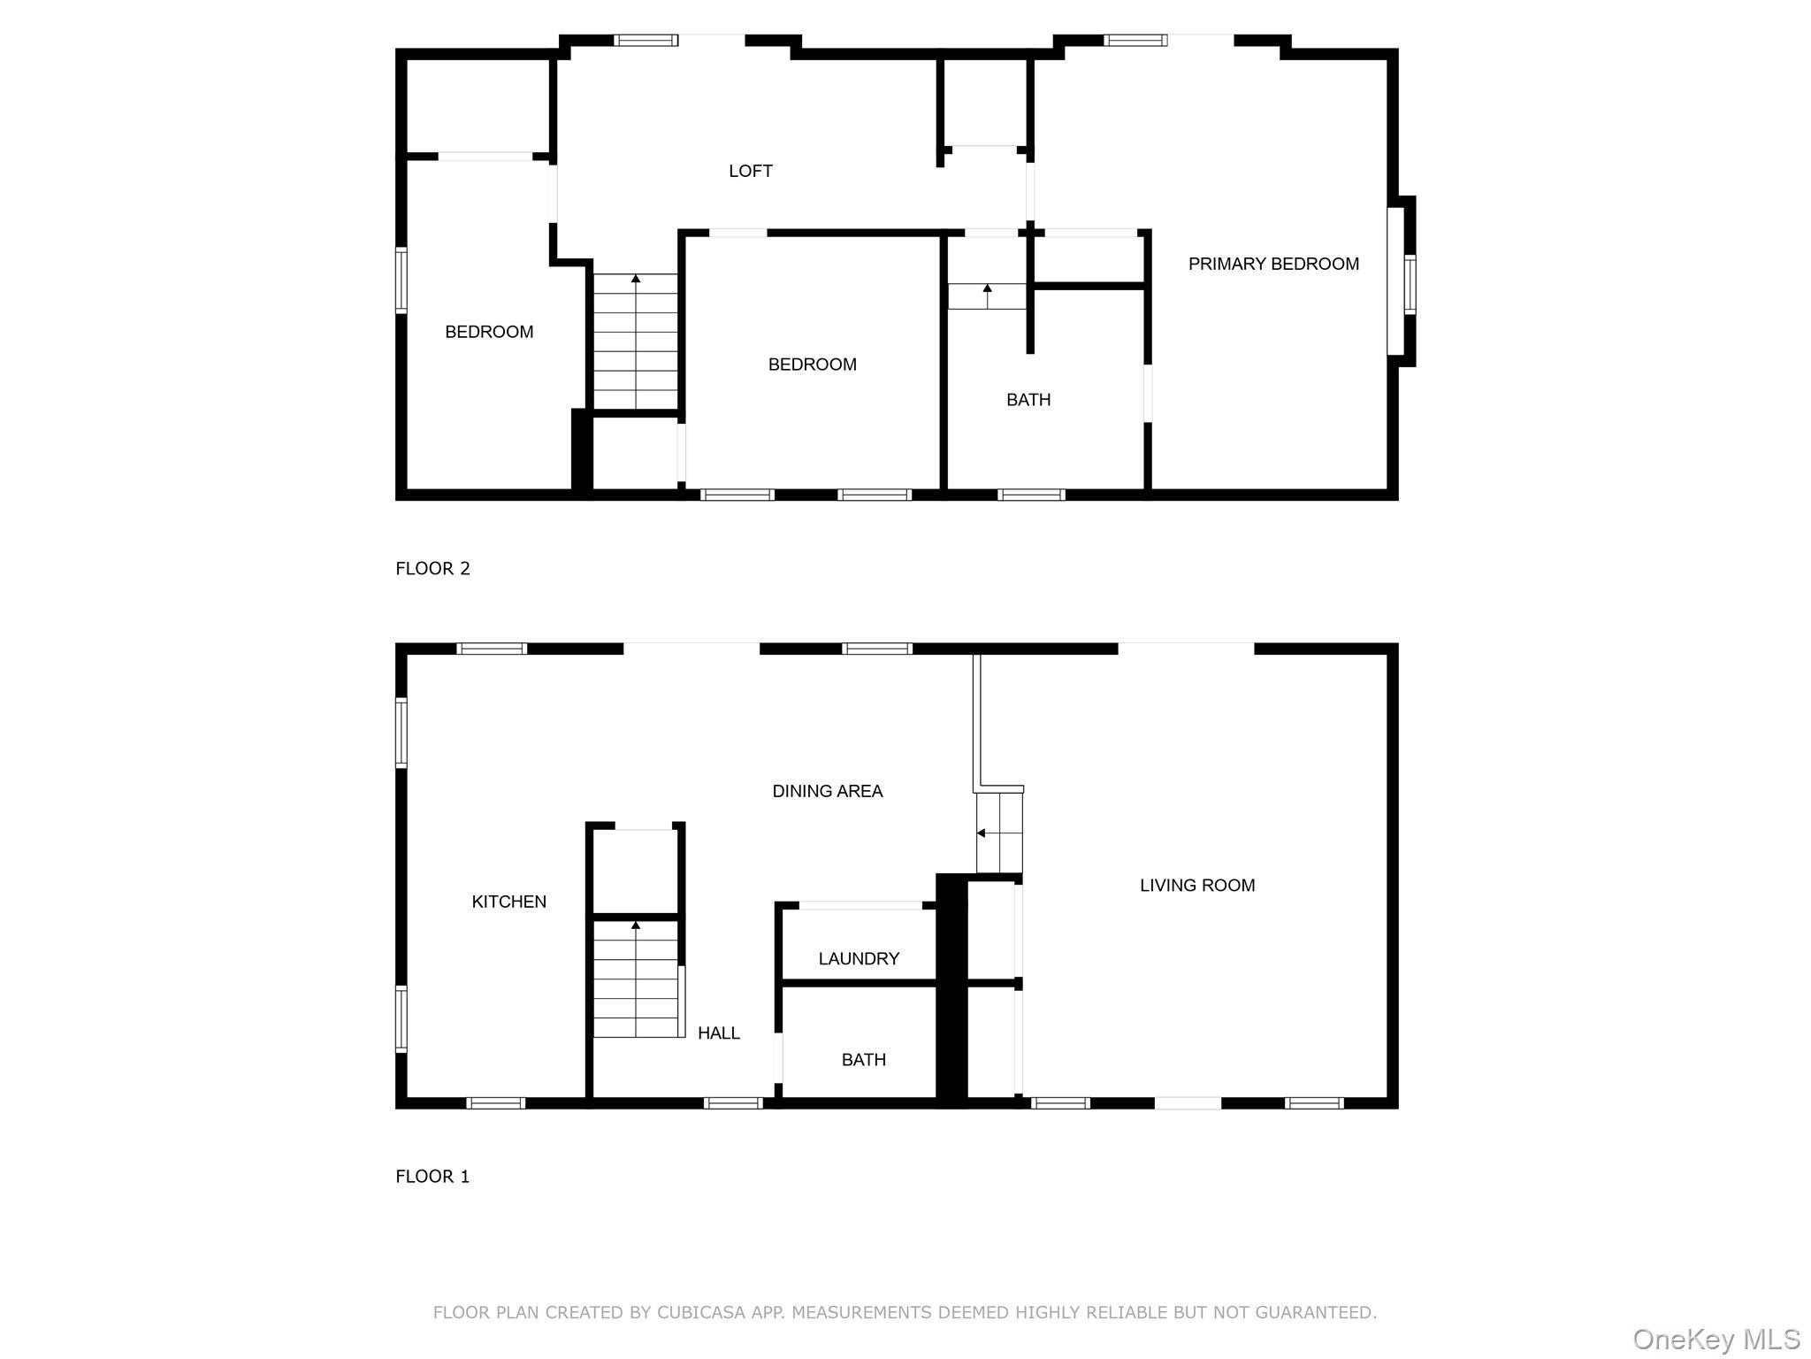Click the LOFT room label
tap(750, 171)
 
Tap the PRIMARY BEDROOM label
tap(1272, 264)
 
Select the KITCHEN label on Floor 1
tap(508, 902)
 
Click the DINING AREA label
tap(827, 791)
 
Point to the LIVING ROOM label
tap(1196, 885)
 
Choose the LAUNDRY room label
tap(858, 958)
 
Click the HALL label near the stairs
tap(718, 1033)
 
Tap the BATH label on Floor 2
tap(1028, 400)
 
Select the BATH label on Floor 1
tap(863, 1059)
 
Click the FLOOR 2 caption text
tap(432, 568)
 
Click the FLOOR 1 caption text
tap(432, 1176)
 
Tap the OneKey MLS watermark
tap(1715, 1339)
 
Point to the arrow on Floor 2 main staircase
tap(635, 280)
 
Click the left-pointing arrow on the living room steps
tap(981, 833)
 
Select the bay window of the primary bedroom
tap(1402, 281)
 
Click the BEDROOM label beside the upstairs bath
tap(812, 365)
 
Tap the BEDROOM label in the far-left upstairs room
tap(488, 332)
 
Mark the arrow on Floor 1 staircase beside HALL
tap(635, 926)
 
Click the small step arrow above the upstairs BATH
tap(987, 289)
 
